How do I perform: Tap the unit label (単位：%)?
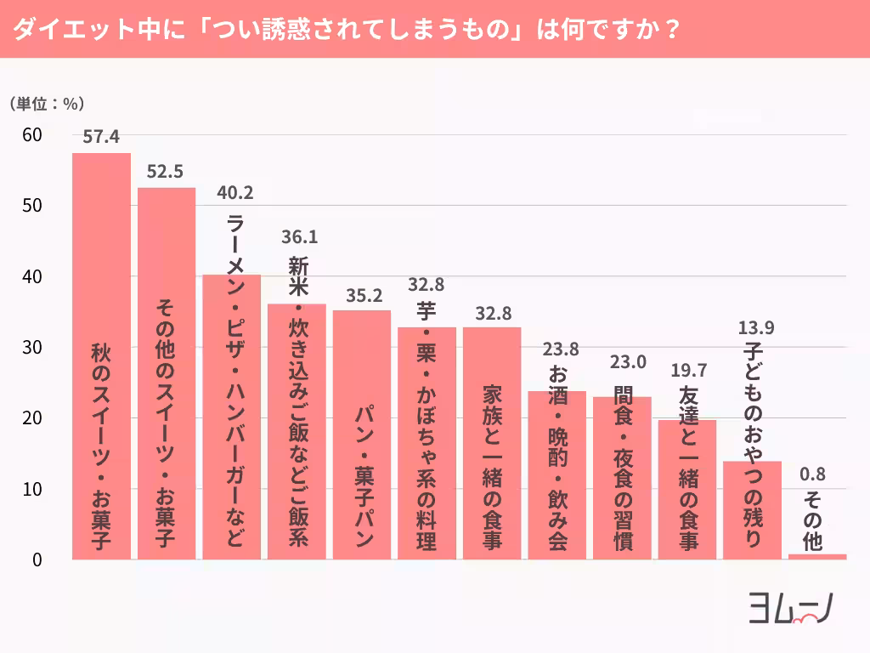tap(47, 104)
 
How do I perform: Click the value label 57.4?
tap(101, 136)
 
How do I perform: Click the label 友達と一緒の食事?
tap(687, 468)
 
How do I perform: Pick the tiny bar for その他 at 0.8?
tap(817, 557)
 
